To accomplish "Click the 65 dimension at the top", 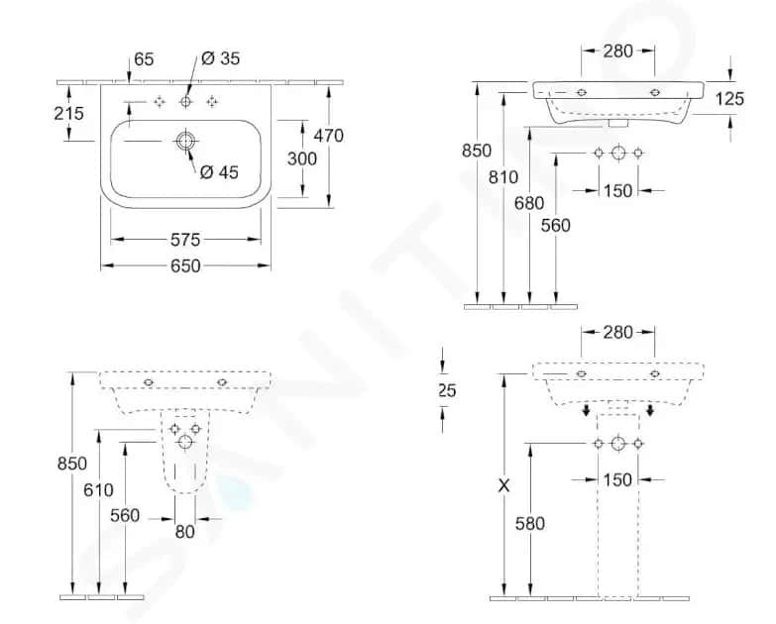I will (144, 59).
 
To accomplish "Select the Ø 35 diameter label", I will (221, 58).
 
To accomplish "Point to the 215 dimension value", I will (68, 113).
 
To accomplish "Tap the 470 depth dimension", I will (327, 135).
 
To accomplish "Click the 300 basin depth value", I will (301, 158).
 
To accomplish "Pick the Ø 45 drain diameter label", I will (219, 172).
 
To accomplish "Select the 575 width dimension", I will (185, 239).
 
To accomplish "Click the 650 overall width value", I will (185, 265).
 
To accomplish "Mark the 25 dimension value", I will (447, 390).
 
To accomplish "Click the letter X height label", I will (505, 485).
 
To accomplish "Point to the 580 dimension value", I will (530, 524).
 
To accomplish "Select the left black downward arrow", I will (586, 410).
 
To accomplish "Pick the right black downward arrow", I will (650, 410).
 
